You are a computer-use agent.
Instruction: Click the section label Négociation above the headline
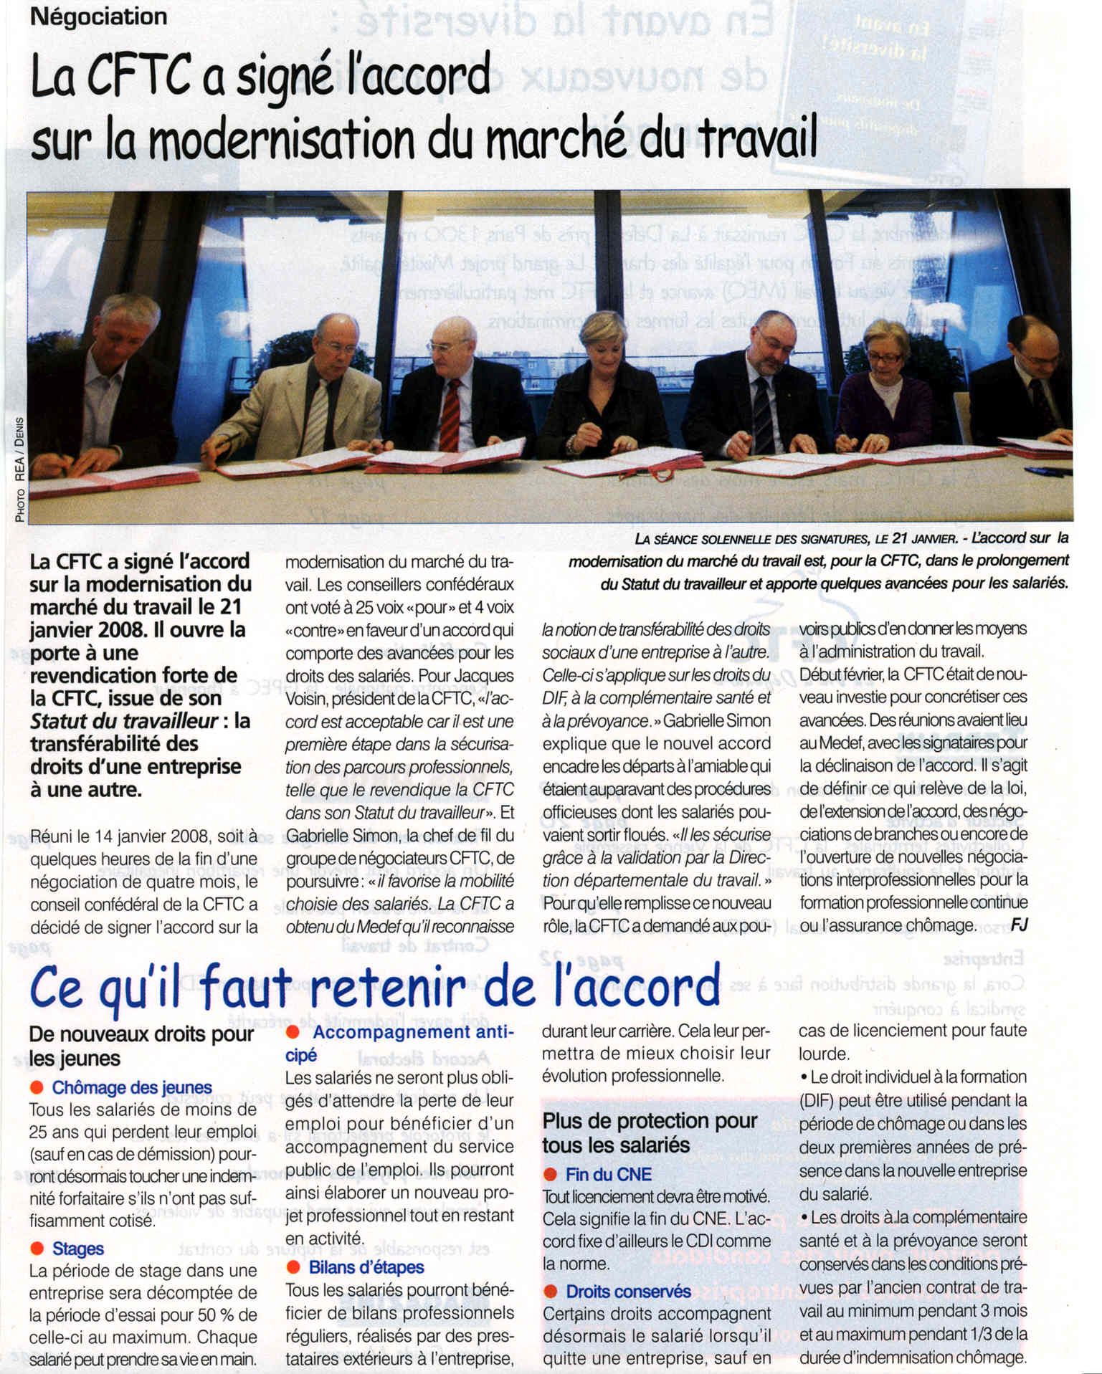[x=98, y=16]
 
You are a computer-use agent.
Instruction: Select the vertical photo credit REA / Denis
[x=19, y=469]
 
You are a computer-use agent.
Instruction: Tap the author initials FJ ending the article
[x=1019, y=925]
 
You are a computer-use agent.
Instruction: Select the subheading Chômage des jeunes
[x=132, y=1087]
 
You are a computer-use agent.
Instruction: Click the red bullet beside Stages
[x=37, y=1249]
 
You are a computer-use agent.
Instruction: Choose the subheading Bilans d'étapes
[x=366, y=1267]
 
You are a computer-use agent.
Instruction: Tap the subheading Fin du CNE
[x=609, y=1174]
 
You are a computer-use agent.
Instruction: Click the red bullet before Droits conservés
[x=550, y=1291]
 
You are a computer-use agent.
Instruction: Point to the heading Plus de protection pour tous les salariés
[x=650, y=1132]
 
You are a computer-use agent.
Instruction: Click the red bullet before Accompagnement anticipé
[x=293, y=1032]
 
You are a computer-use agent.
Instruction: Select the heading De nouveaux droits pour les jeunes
[x=141, y=1046]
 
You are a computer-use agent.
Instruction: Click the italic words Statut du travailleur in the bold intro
[x=123, y=721]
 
